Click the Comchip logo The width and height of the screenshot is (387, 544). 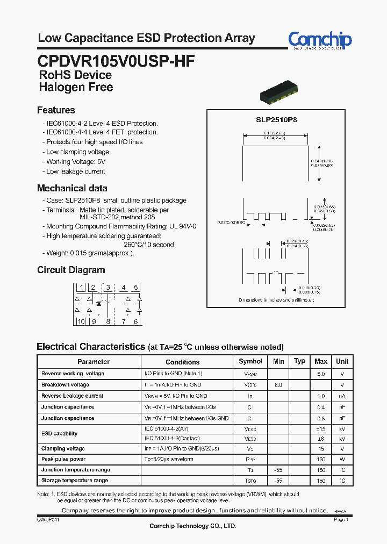pyautogui.click(x=320, y=40)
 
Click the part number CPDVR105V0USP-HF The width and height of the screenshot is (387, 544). pyautogui.click(x=116, y=60)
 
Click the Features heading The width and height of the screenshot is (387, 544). pyautogui.click(x=56, y=110)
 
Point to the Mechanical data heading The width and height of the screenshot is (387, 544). pyautogui.click(x=72, y=188)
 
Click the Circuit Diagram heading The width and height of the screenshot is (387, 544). pyautogui.click(x=71, y=270)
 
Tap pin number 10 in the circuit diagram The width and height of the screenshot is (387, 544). pyautogui.click(x=80, y=321)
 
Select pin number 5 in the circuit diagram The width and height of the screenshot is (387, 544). pyautogui.click(x=136, y=288)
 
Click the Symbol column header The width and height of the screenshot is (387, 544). pyautogui.click(x=250, y=362)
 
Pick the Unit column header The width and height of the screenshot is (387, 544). pyautogui.click(x=342, y=362)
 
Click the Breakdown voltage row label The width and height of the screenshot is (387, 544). pyautogui.click(x=65, y=384)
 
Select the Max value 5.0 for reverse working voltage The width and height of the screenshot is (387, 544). pyautogui.click(x=320, y=374)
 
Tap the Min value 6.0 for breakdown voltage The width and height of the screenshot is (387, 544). pyautogui.click(x=278, y=385)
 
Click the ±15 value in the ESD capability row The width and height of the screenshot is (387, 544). pyautogui.click(x=321, y=429)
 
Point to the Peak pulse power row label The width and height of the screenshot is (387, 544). pyautogui.click(x=63, y=459)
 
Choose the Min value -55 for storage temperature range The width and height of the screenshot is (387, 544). pyautogui.click(x=278, y=481)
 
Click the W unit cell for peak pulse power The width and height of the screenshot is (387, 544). pyautogui.click(x=342, y=460)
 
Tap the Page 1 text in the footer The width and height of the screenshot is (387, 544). pyautogui.click(x=341, y=520)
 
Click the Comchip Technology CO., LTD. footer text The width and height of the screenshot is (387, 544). pyautogui.click(x=192, y=526)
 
